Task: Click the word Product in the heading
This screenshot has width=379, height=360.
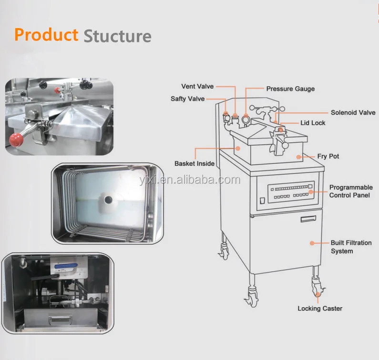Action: tap(46, 35)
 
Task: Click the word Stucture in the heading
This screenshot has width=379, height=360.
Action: tap(117, 36)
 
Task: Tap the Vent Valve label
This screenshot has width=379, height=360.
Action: tap(197, 87)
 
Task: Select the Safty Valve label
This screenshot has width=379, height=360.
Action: tap(187, 99)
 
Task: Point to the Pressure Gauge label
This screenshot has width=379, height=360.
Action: tap(290, 89)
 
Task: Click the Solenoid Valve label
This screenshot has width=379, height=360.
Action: tap(353, 113)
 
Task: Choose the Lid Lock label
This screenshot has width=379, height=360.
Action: tap(313, 123)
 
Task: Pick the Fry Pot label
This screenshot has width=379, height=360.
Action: tap(328, 156)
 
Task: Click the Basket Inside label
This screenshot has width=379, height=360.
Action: tap(195, 164)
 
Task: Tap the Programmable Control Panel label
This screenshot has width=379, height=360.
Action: tap(351, 191)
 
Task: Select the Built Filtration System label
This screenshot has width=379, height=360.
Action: tap(351, 247)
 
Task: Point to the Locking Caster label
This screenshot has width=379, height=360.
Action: tap(320, 309)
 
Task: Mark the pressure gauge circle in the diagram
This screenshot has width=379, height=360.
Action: tap(246, 120)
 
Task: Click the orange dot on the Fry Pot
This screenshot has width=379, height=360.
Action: tap(298, 156)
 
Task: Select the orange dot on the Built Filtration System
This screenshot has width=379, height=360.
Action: tap(312, 243)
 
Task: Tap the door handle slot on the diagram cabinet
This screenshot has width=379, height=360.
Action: tap(308, 219)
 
